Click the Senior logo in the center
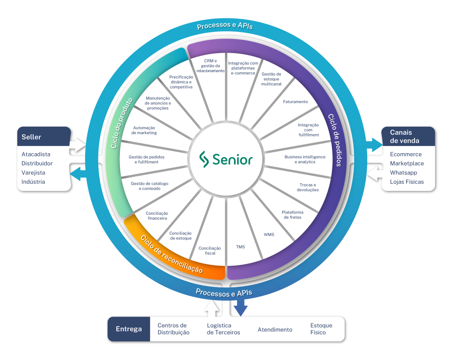(226, 159)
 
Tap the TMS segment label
(240, 247)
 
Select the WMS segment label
(269, 234)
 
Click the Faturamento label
(296, 102)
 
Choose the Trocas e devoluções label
(307, 187)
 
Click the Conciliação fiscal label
(210, 251)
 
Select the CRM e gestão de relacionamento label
(210, 66)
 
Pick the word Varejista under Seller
(33, 173)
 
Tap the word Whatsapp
(403, 173)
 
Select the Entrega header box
(129, 329)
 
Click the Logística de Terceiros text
(223, 329)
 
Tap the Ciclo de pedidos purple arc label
(334, 140)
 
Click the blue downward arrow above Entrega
(240, 307)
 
